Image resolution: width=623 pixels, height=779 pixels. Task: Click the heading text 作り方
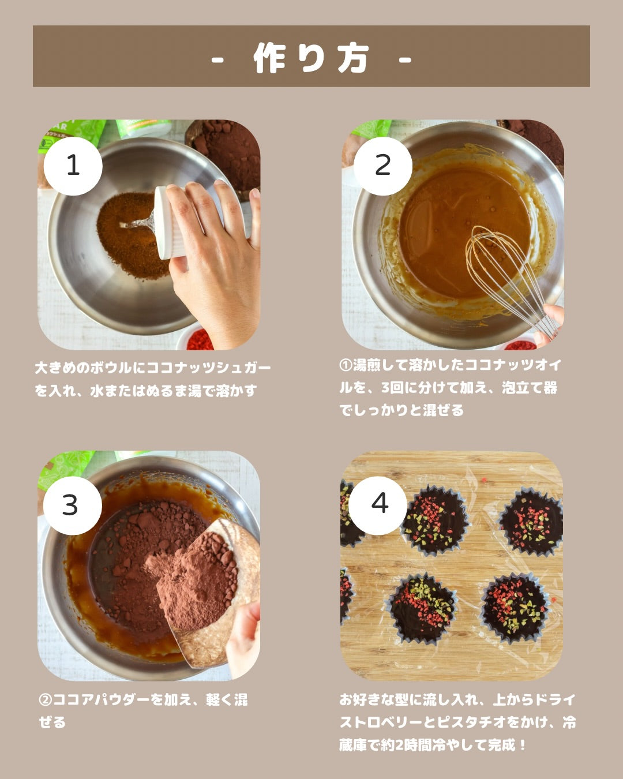tap(311, 58)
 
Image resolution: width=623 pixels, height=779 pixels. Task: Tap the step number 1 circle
tap(73, 166)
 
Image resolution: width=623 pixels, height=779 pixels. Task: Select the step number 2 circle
tap(382, 166)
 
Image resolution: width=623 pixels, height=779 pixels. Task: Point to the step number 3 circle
tap(73, 505)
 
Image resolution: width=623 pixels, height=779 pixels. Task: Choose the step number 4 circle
tap(378, 505)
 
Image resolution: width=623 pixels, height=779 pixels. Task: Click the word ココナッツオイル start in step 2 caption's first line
tap(513, 365)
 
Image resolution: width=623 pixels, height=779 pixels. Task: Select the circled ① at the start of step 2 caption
tap(346, 365)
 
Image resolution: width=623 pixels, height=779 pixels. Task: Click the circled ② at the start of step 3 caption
tap(46, 700)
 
